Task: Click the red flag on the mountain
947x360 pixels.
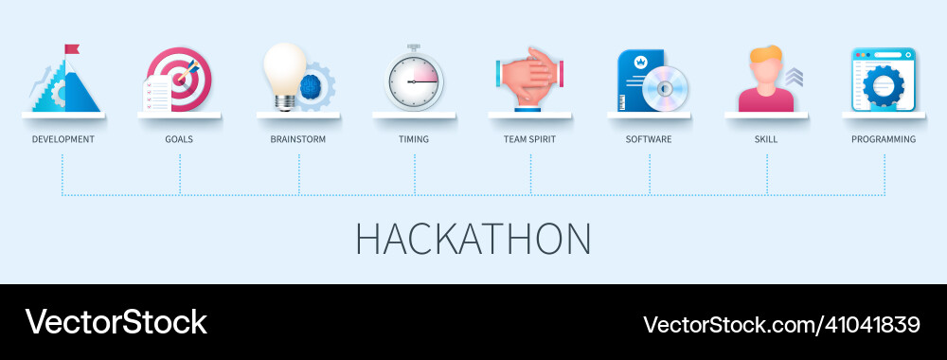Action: point(72,48)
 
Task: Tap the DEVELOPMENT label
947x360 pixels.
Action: point(63,139)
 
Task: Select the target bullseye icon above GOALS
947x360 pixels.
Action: point(183,76)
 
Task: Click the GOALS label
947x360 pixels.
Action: point(179,139)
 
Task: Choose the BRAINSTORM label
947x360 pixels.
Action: point(297,139)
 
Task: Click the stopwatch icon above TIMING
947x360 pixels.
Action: point(414,80)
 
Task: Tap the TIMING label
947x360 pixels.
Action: point(414,139)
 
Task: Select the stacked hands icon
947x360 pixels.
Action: point(529,80)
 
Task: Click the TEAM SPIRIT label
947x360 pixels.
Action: point(529,139)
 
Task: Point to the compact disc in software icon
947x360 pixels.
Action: point(665,91)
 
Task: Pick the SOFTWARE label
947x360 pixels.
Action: point(649,139)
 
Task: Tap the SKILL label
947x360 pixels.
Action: point(766,139)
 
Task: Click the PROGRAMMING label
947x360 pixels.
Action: point(884,139)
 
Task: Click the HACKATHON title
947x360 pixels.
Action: point(473,240)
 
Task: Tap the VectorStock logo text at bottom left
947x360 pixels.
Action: point(116,322)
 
